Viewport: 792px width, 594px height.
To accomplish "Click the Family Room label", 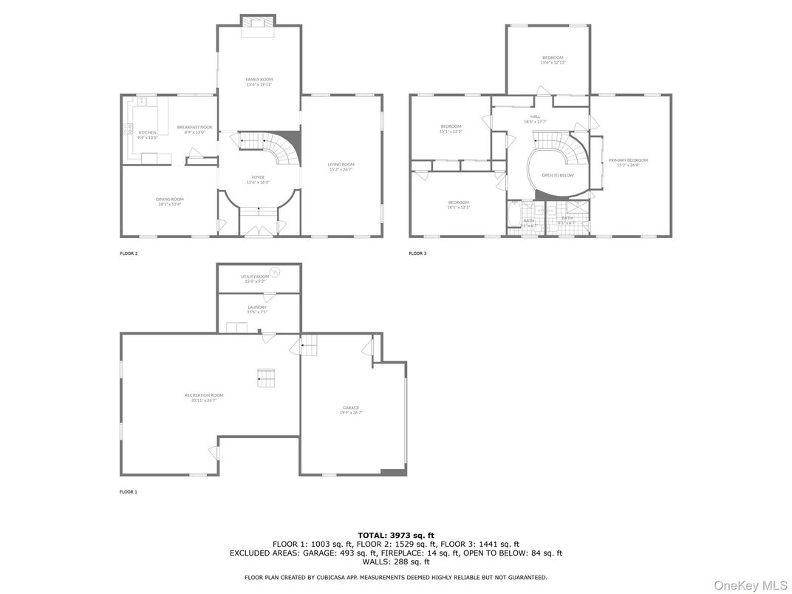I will click(259, 81).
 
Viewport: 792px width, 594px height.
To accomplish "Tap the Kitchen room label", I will click(147, 134).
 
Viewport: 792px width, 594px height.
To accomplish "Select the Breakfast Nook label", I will click(194, 129).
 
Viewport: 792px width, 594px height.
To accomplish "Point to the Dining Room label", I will click(169, 201).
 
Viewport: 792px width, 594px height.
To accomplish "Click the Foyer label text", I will click(258, 180).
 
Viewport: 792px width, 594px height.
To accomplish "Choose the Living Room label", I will click(341, 166).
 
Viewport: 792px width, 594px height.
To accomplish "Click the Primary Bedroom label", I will click(627, 163).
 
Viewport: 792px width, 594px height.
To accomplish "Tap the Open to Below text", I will click(557, 175).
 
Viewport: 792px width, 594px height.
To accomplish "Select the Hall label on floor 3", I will click(535, 118).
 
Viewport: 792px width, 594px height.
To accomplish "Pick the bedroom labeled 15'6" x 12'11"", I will click(553, 60).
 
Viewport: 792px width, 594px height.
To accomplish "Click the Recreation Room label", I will click(204, 397).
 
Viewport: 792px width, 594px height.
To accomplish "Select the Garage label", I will click(350, 410).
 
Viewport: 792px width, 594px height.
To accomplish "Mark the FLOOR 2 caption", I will click(129, 253).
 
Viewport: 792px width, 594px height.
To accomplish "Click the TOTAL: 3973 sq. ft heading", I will click(396, 535).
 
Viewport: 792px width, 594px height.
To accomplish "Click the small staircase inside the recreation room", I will click(266, 378).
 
